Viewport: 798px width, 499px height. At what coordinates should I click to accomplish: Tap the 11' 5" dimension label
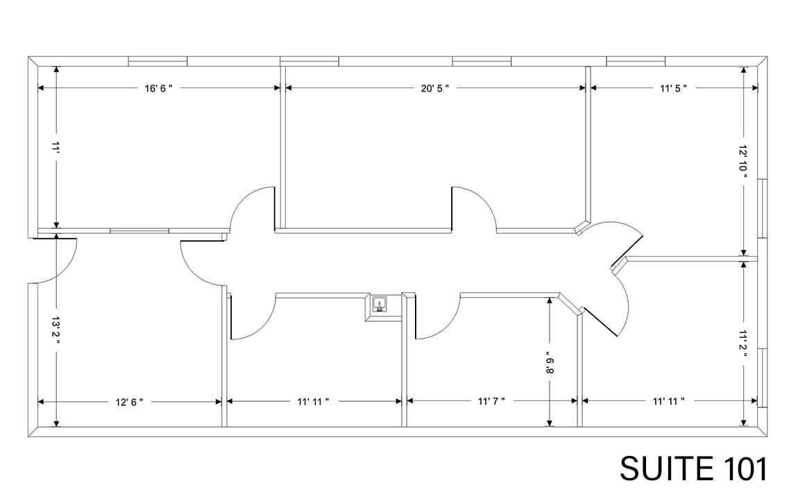pyautogui.click(x=672, y=88)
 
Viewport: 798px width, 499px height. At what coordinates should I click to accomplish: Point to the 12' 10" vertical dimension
pyautogui.click(x=743, y=162)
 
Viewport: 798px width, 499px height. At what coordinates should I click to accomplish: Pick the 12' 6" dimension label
pyautogui.click(x=129, y=401)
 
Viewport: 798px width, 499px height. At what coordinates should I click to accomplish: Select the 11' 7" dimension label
pyautogui.click(x=491, y=401)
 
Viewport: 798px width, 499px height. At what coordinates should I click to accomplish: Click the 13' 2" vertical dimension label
pyautogui.click(x=56, y=334)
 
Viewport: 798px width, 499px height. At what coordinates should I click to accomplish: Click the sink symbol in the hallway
pyautogui.click(x=380, y=304)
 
